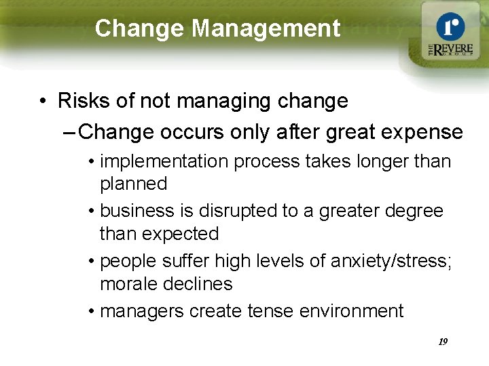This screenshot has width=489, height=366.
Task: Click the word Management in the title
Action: (266, 28)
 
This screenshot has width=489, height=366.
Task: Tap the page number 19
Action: (443, 342)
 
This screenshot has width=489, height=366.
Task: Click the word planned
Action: (133, 184)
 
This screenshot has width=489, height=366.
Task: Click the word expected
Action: (181, 234)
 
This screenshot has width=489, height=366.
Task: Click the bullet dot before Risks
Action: (43, 102)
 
